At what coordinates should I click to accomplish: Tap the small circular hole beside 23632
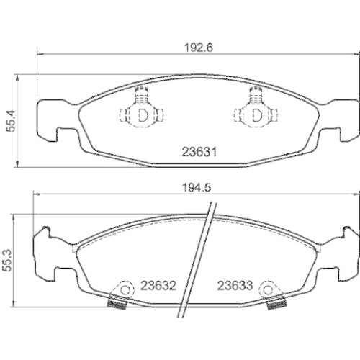[127, 289]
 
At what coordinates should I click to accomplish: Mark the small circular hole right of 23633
[269, 289]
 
